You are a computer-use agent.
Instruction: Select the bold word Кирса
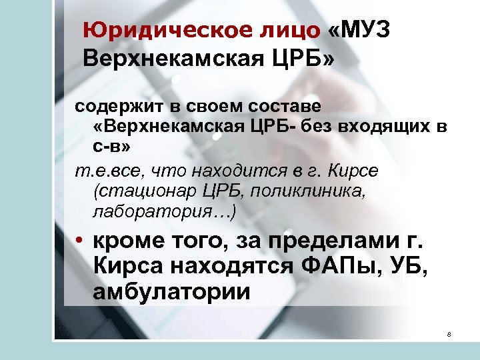[126, 267]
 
